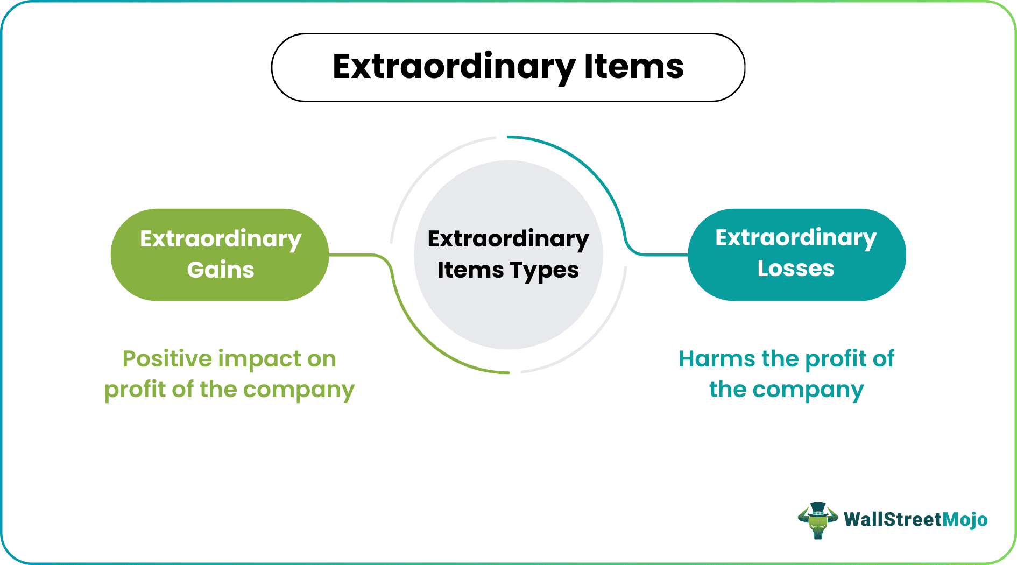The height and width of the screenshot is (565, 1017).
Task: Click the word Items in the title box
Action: point(633,67)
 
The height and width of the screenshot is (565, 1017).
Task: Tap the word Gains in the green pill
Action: point(221,270)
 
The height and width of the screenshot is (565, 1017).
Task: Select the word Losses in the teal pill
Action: point(796,268)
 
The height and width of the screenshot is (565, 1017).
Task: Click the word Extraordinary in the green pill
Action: point(221,239)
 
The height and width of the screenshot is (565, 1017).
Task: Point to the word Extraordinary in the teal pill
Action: point(796,238)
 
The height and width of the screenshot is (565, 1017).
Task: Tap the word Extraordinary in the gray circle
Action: point(508,239)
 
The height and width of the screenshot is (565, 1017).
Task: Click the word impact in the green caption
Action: point(260,358)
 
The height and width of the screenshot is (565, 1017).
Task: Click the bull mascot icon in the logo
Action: point(817,520)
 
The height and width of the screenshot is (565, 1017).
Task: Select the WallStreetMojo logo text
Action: point(915,520)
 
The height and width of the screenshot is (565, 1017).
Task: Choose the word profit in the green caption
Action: point(135,390)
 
